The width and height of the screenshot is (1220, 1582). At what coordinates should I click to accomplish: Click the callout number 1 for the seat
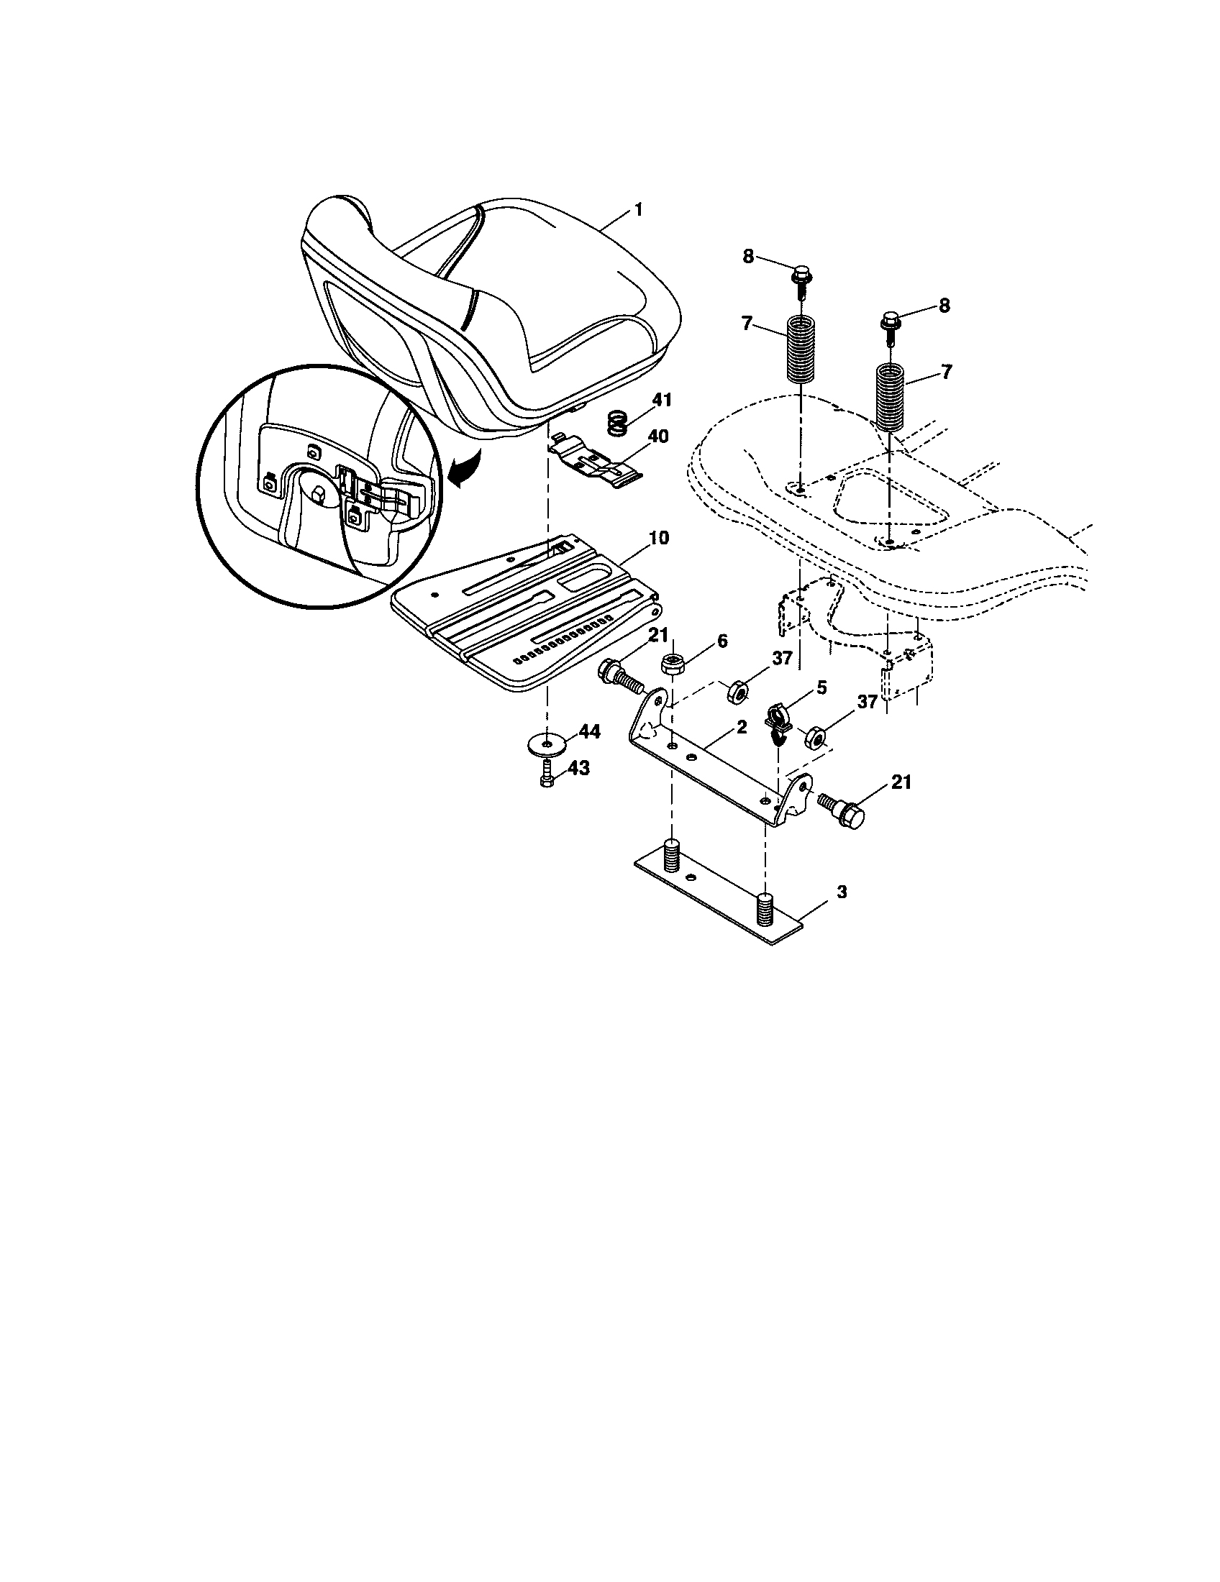[638, 209]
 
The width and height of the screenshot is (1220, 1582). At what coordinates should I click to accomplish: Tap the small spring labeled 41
[616, 424]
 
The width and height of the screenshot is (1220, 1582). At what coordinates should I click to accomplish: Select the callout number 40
[658, 436]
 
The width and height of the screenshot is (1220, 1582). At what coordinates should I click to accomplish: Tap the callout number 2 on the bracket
[740, 728]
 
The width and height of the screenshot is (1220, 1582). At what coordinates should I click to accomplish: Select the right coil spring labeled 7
[891, 396]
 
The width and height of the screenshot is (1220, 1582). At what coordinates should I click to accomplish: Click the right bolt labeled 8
[891, 321]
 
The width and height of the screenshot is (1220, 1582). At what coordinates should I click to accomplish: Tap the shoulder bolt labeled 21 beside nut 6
[619, 676]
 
